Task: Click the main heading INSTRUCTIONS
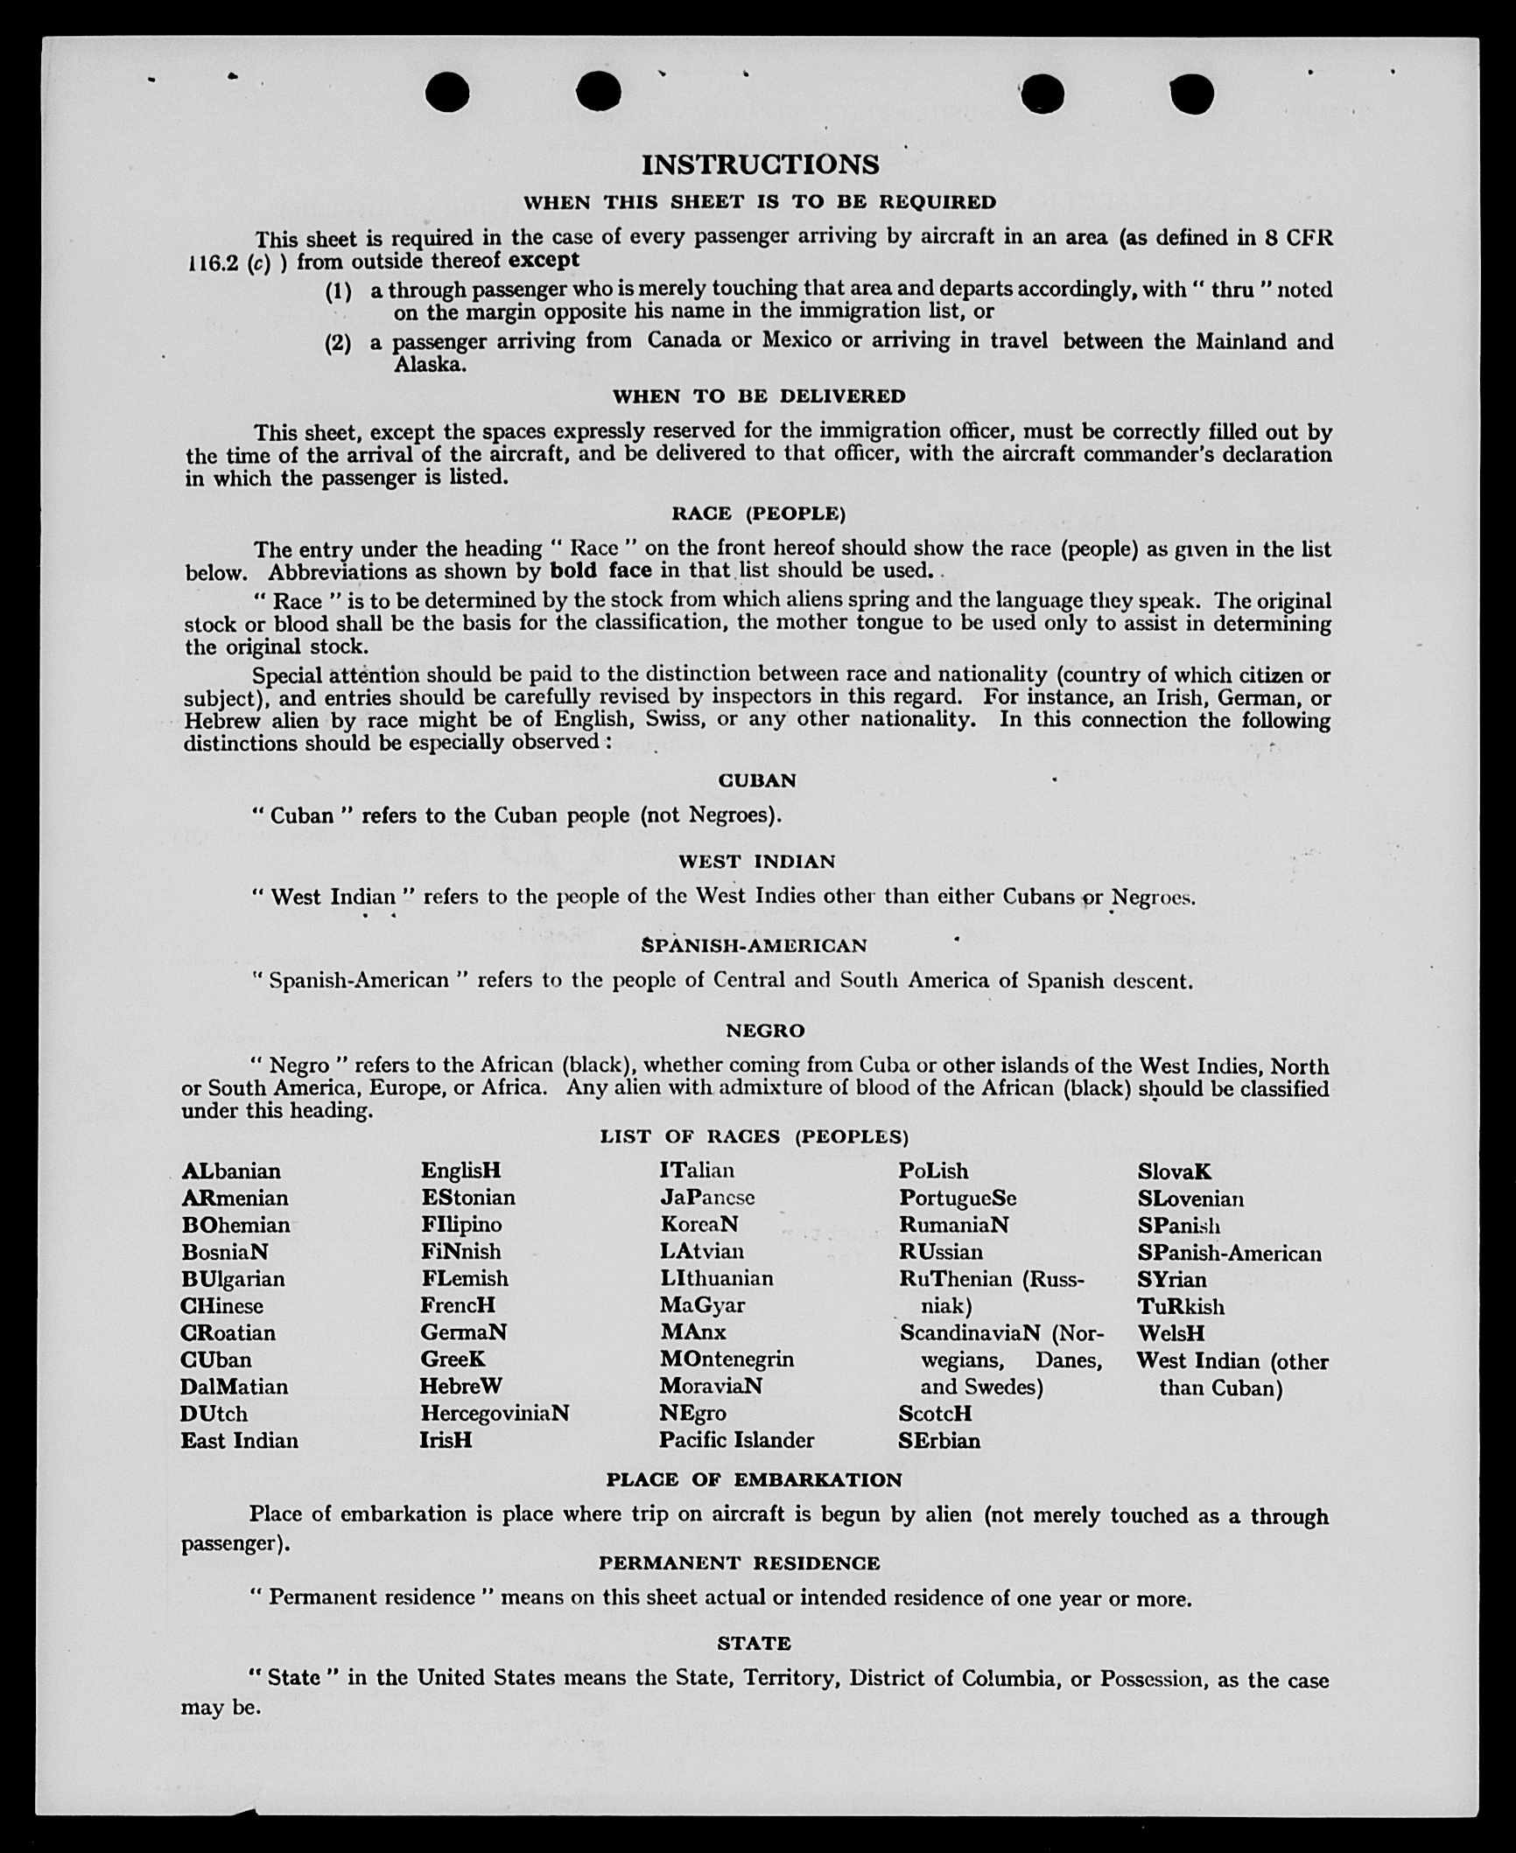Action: click(760, 164)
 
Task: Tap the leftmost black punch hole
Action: click(447, 93)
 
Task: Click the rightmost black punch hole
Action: click(1191, 94)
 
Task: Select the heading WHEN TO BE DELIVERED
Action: click(759, 396)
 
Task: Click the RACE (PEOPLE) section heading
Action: click(758, 514)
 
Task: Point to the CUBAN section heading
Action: click(757, 780)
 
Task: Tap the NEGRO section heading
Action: click(764, 1031)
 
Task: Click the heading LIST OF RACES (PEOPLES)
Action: click(754, 1136)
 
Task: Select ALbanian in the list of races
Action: click(231, 1171)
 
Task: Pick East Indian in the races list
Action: click(239, 1441)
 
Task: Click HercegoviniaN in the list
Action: click(495, 1414)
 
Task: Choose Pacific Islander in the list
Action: click(736, 1441)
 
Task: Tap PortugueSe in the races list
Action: click(958, 1199)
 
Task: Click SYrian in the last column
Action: click(1171, 1280)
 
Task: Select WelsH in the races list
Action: click(1170, 1334)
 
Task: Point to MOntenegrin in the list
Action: click(726, 1360)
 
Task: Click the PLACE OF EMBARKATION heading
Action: click(754, 1480)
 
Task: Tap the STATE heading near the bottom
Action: click(754, 1644)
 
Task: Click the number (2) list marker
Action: click(338, 343)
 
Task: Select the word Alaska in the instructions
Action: click(429, 365)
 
